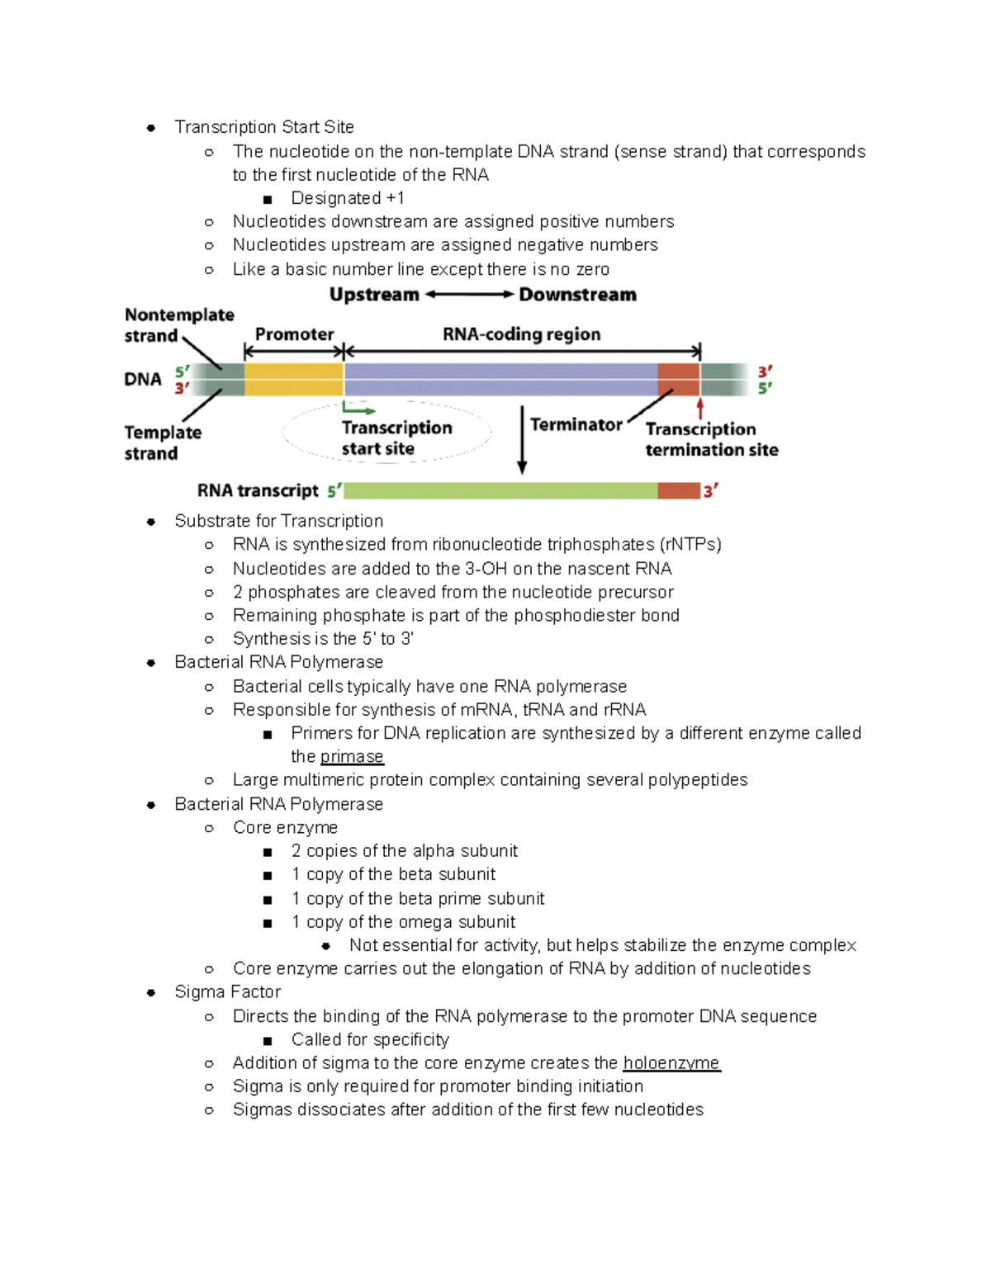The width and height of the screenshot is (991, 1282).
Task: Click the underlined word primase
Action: coord(352,756)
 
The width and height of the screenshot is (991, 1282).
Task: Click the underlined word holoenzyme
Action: coord(671,1062)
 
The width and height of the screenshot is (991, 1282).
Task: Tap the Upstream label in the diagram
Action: coord(374,295)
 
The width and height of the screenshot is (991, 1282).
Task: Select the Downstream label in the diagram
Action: coord(577,295)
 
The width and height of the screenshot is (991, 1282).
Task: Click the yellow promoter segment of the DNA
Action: coord(293,380)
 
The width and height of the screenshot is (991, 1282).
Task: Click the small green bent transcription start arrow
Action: coord(357,409)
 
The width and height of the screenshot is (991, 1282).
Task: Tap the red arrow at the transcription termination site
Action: coord(700,408)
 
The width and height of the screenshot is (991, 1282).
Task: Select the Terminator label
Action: coord(576,424)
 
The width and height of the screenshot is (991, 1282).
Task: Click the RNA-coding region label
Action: coord(521,334)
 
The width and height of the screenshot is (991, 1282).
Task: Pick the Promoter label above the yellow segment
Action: coord(294,334)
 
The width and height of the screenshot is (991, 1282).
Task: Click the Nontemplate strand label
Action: coord(178,325)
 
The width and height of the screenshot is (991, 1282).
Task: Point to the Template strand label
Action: coord(163,442)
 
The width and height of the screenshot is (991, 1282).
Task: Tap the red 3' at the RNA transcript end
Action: coord(710,491)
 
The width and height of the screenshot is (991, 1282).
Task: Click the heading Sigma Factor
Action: coord(227,991)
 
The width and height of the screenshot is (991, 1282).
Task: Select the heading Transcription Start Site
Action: coord(263,127)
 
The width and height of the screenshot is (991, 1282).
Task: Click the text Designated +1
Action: coord(347,198)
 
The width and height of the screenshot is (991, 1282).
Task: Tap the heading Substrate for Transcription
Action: coord(278,521)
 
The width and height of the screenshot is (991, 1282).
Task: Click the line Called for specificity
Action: coord(369,1039)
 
